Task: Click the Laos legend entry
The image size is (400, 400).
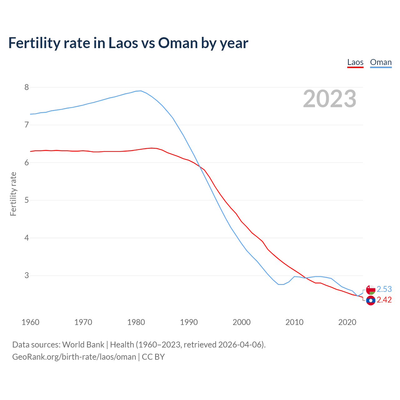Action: [x=355, y=62]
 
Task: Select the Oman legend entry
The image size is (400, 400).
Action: [x=381, y=62]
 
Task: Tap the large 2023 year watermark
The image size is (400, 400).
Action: [x=330, y=99]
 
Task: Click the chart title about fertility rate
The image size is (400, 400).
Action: [x=128, y=43]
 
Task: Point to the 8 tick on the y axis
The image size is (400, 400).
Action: [x=27, y=87]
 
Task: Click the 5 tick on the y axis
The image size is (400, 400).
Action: [x=27, y=200]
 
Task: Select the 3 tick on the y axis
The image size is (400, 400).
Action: [x=27, y=275]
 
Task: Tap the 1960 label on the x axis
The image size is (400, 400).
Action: [x=30, y=322]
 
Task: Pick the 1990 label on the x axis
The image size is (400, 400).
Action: [x=189, y=322]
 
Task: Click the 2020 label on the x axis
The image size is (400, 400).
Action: [x=347, y=322]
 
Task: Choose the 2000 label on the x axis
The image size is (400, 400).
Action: [x=242, y=322]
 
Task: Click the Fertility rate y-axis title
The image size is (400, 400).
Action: [x=13, y=194]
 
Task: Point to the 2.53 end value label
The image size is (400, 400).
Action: [x=384, y=289]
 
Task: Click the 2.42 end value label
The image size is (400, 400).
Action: [x=384, y=300]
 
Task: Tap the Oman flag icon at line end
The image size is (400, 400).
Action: [x=371, y=290]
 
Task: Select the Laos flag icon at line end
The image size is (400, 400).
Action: [x=371, y=301]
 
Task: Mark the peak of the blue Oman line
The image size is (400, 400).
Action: [x=141, y=91]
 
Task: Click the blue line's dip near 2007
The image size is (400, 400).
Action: [x=281, y=284]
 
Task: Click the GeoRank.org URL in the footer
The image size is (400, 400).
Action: [x=74, y=357]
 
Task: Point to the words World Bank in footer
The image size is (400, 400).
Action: [x=83, y=345]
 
